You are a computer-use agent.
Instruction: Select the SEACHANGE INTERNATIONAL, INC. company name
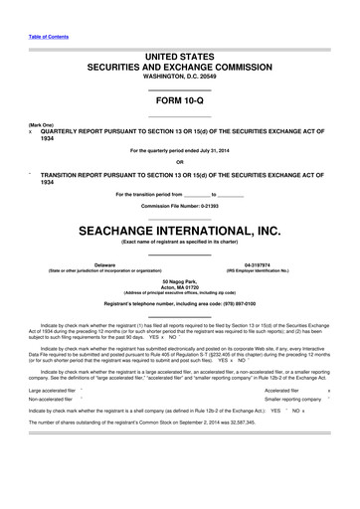180,229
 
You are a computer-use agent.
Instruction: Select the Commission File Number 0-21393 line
180,205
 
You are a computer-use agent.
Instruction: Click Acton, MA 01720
180,290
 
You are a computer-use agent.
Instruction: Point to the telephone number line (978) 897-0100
180,302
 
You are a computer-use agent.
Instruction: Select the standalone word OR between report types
180,162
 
